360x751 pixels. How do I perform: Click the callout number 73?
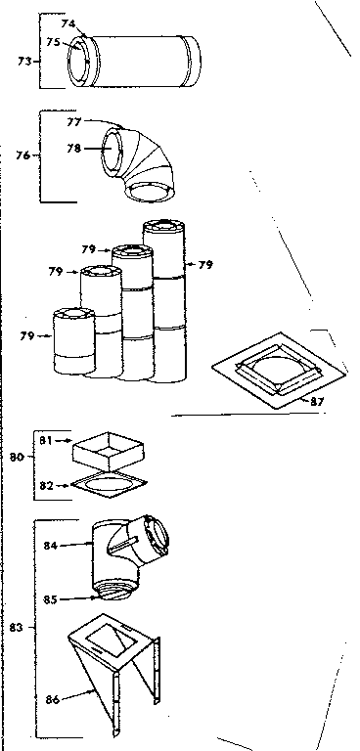tap(24, 61)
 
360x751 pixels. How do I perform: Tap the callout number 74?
tap(67, 22)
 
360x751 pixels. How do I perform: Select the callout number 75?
tap(54, 42)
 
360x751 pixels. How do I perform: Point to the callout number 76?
tap(24, 154)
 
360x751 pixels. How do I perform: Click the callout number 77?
tap(73, 124)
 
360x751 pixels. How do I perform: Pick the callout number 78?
tap(73, 148)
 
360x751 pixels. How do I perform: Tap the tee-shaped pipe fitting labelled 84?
tap(127, 552)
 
